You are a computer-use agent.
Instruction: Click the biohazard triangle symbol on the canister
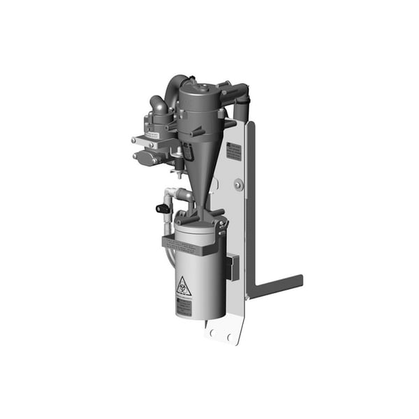[183, 286]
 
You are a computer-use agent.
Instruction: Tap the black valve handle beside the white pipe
[163, 208]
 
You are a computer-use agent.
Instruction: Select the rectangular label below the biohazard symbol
[183, 306]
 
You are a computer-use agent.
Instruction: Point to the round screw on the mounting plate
[239, 184]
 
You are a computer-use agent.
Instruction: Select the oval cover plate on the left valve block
[145, 158]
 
